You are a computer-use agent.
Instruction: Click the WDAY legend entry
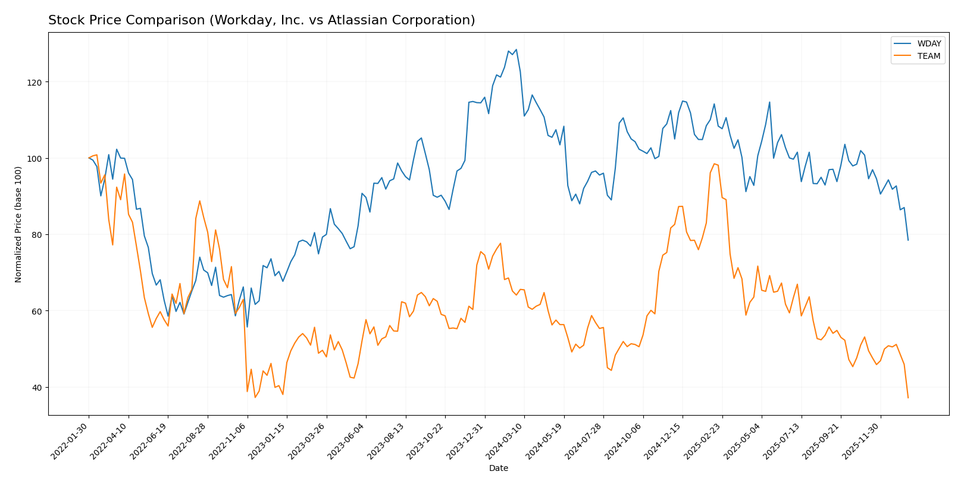point(928,44)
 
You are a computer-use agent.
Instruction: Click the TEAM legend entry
point(928,56)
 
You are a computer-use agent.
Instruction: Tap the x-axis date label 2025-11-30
point(862,440)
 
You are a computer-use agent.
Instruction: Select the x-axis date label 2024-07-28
point(585,440)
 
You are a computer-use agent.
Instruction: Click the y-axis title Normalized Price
point(18,224)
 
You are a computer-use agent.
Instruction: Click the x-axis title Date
point(498,469)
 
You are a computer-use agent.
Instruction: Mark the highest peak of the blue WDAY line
point(516,49)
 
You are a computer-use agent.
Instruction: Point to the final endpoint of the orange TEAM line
point(908,398)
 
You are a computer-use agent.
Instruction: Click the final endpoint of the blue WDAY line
point(908,240)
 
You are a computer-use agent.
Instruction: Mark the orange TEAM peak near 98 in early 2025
point(714,164)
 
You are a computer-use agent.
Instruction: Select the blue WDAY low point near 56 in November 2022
point(247,326)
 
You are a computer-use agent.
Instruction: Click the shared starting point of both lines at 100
point(89,158)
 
